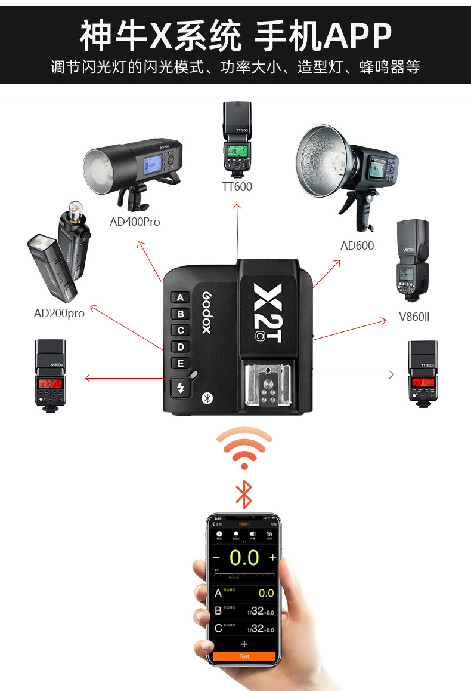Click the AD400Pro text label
tap(135, 222)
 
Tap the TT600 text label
tap(237, 187)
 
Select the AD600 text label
tap(357, 245)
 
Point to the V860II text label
tap(414, 317)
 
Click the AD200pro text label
tap(59, 313)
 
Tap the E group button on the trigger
tap(181, 363)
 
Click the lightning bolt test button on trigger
tap(181, 389)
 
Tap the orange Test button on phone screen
tap(244, 656)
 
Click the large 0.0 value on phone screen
tap(244, 558)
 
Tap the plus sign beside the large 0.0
tap(272, 558)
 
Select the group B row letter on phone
tap(218, 610)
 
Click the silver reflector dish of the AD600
tap(323, 161)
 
